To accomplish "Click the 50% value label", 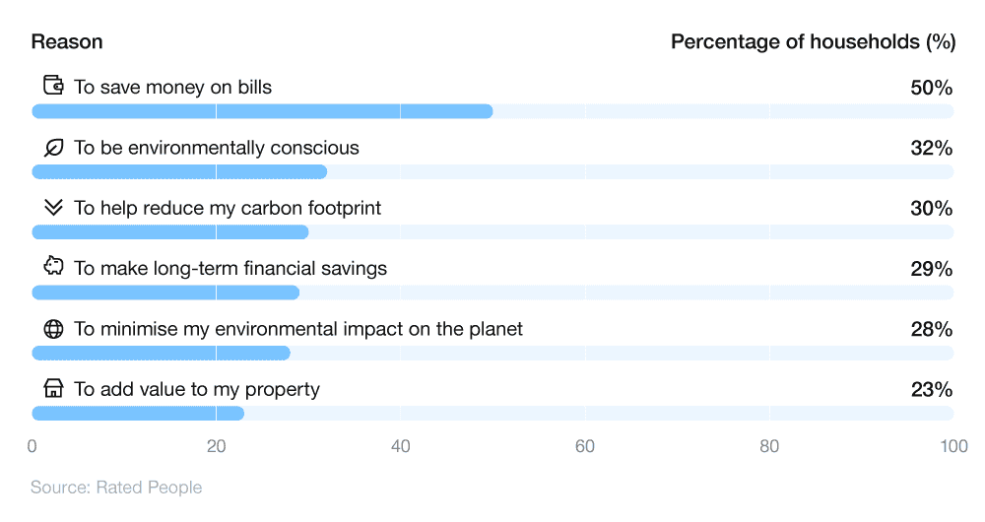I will (931, 88).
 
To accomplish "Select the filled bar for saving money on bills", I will (262, 111).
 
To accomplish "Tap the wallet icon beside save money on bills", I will (53, 87).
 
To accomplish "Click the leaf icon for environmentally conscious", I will (53, 148).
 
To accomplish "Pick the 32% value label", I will (931, 148).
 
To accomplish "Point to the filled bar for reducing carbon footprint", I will (170, 232).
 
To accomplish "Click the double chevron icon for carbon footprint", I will (53, 208).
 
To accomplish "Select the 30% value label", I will (931, 209).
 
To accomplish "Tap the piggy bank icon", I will (53, 268).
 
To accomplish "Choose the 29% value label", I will (931, 269).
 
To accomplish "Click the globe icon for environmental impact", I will (53, 329).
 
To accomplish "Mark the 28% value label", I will (931, 329).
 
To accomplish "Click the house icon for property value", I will (53, 389).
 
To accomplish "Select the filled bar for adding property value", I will (138, 414).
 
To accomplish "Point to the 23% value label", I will (931, 390).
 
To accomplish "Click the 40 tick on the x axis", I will (400, 447).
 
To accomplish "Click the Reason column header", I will (67, 42).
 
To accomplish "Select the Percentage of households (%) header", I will (813, 42).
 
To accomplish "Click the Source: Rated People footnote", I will (116, 488).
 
